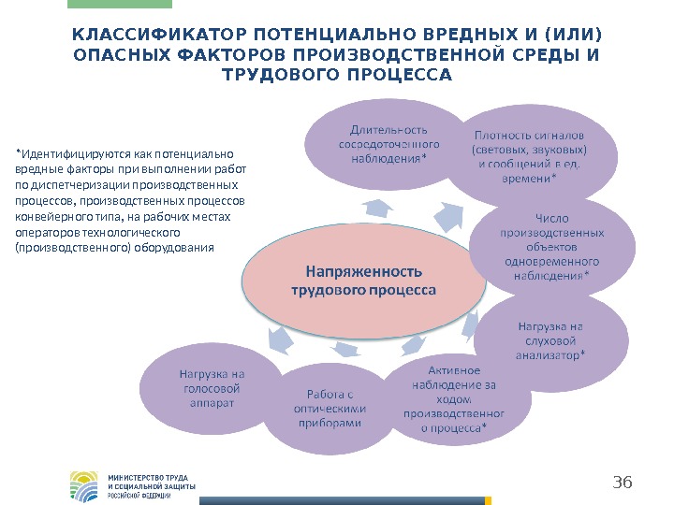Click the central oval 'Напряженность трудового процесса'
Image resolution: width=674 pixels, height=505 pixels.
363,281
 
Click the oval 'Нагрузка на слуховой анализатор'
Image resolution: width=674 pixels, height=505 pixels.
550,340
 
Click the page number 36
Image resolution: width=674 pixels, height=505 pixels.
623,483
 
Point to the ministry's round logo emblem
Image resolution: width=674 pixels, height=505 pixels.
84,485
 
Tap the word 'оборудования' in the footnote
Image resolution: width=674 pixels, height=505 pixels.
182,248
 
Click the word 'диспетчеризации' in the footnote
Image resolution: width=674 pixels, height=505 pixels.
76,185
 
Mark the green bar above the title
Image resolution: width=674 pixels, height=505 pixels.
107,4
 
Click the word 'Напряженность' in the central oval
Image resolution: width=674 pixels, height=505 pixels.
364,272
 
